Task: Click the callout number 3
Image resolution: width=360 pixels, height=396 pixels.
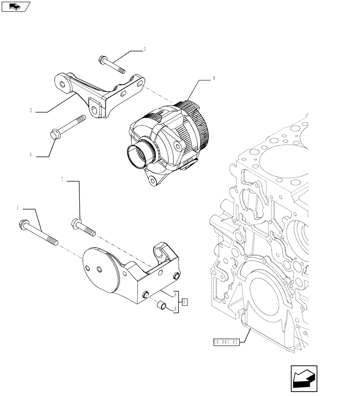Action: (145, 49)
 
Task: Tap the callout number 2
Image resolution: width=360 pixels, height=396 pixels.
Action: (31, 110)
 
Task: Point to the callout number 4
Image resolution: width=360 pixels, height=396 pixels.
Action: (31, 155)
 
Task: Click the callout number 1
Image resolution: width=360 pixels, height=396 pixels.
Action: (17, 207)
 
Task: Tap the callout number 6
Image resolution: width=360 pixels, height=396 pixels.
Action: (175, 294)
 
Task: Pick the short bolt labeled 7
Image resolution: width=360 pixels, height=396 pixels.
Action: (83, 227)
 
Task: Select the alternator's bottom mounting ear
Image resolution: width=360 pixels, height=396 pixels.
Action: (153, 180)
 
